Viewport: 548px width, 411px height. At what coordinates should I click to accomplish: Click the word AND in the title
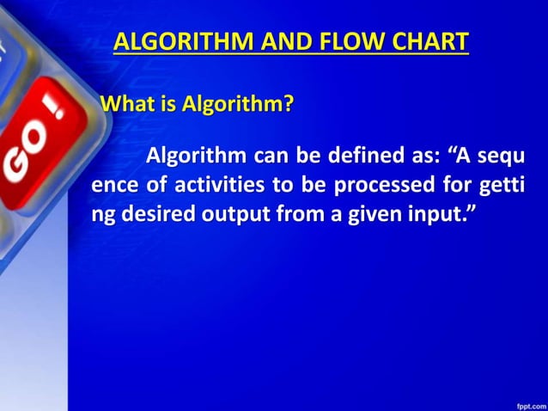(261, 41)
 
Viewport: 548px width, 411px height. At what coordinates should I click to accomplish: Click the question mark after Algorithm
(289, 105)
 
